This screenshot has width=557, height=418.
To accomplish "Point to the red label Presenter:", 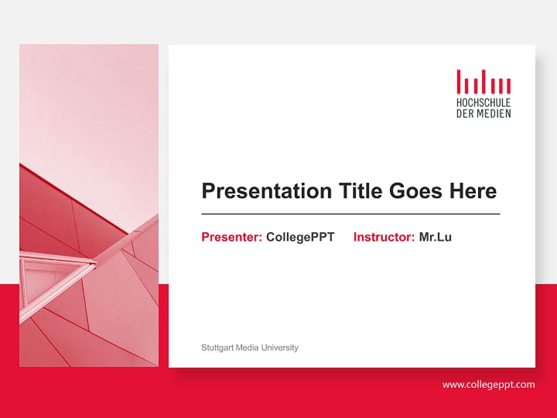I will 232,237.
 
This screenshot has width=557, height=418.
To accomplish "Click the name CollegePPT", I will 300,237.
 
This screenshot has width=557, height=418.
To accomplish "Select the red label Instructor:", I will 384,237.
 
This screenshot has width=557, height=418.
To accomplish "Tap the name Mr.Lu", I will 435,237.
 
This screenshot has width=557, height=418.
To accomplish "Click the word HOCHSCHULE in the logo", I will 483,103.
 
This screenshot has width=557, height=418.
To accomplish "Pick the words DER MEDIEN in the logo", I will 483,113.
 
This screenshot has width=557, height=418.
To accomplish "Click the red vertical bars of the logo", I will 483,82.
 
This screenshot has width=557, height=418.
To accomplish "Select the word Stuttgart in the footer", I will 216,348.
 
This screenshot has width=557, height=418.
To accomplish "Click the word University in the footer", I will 280,348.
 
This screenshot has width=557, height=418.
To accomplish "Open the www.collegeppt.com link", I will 488,384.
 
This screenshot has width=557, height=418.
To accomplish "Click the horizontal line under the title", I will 350,214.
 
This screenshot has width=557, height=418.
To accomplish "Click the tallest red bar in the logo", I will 458,81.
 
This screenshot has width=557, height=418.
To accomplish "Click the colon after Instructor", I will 413,238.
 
